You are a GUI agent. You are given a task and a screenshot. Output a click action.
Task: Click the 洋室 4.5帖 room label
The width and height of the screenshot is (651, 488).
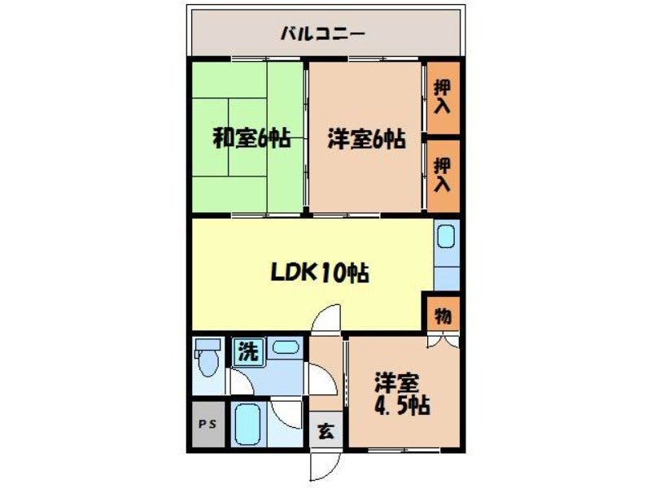[402, 394]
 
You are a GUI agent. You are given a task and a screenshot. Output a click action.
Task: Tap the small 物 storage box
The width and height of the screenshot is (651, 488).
[443, 315]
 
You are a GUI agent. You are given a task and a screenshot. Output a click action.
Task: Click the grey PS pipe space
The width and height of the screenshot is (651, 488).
[208, 425]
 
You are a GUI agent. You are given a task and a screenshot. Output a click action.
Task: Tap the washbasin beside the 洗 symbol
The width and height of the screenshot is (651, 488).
[284, 349]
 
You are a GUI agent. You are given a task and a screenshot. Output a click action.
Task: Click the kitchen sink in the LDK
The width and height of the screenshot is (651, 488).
[446, 238]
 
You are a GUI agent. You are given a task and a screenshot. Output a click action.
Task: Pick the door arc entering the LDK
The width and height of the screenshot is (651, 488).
[327, 319]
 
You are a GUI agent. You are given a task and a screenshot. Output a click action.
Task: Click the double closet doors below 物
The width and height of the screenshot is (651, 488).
[443, 342]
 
